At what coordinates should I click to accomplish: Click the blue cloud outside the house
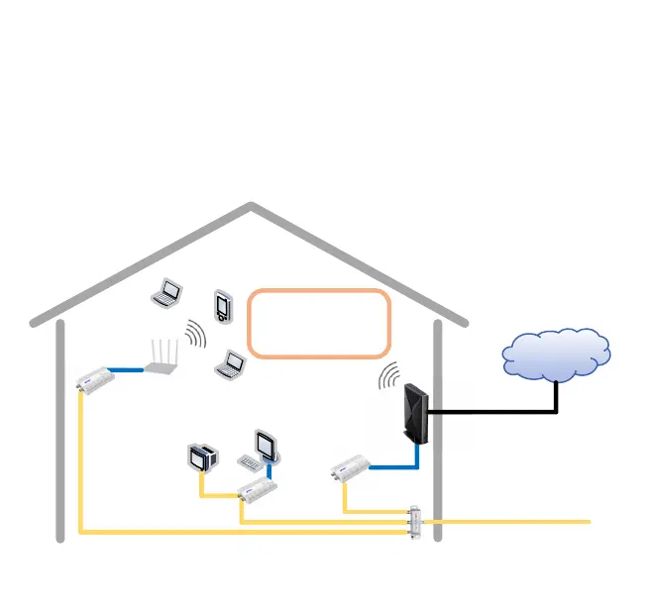tap(556, 353)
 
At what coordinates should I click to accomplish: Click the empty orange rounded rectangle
tap(319, 323)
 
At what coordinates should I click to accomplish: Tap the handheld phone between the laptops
tap(222, 306)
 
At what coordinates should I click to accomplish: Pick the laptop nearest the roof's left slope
tap(167, 292)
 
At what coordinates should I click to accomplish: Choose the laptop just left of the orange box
tap(231, 364)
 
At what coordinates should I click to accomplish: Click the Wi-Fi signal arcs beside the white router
tap(195, 336)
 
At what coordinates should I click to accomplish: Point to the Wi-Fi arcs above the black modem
tap(388, 376)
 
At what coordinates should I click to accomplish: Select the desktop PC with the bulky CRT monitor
tap(202, 458)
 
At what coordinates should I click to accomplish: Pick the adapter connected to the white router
tap(96, 379)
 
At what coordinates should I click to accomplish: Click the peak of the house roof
tap(252, 207)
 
